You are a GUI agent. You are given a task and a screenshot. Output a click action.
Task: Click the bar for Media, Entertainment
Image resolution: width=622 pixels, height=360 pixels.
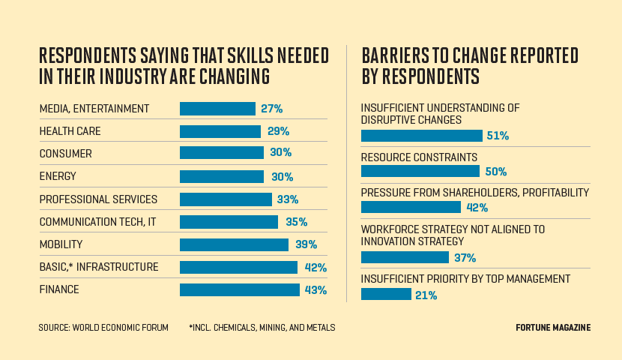(217, 109)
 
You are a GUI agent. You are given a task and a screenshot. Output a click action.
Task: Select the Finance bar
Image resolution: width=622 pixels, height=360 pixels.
(239, 289)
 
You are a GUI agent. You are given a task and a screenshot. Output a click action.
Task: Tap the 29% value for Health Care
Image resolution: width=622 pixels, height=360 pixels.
(277, 131)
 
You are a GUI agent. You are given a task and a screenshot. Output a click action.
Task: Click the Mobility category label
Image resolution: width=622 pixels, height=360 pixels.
(61, 244)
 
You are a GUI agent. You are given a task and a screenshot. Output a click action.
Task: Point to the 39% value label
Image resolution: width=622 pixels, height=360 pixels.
(306, 244)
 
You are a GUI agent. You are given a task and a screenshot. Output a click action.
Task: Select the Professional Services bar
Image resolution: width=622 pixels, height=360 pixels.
(226, 199)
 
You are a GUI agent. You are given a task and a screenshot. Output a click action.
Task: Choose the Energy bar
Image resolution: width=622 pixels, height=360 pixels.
(222, 176)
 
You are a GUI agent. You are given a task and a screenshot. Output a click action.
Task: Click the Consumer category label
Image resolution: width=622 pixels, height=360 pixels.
(65, 154)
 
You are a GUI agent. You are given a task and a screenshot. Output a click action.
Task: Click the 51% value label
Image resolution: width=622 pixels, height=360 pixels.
(498, 136)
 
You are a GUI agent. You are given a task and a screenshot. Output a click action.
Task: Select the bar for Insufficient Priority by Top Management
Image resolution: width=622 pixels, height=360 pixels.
(386, 294)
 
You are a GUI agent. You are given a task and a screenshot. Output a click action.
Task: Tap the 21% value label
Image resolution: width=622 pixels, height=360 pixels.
(426, 295)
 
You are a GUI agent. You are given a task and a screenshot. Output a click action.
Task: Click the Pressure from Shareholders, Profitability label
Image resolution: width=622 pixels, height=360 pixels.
(475, 193)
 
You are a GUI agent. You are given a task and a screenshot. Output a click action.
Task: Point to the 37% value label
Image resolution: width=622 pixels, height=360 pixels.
(465, 258)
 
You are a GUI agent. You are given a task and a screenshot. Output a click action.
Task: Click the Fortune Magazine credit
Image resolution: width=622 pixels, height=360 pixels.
(553, 328)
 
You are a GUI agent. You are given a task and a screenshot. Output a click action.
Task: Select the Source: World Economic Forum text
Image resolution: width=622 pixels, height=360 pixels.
(103, 328)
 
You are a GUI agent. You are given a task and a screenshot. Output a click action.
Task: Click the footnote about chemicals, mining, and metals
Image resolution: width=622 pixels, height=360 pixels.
(262, 328)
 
